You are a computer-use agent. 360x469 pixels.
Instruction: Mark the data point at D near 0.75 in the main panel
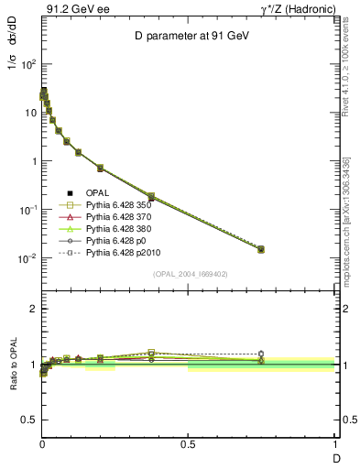[261, 249]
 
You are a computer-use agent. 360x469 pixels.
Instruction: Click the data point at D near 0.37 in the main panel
[151, 197]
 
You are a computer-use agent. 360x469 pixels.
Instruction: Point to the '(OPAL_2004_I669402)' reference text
[189, 274]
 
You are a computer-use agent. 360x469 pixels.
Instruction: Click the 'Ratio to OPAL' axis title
[14, 365]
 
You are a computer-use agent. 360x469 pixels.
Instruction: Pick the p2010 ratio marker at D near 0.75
[261, 354]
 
